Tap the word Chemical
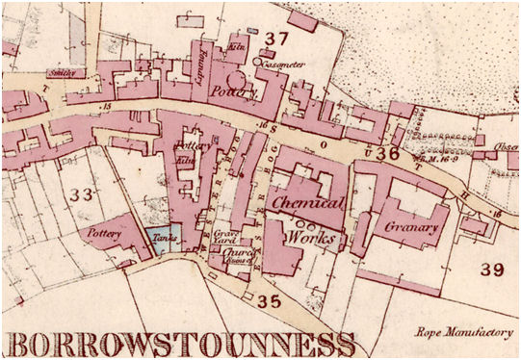coord(307,204)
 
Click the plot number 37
coord(277,39)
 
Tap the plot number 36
coord(388,152)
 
